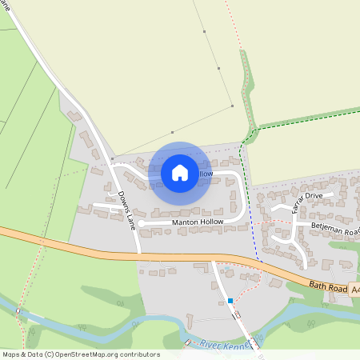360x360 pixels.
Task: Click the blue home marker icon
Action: [180, 173]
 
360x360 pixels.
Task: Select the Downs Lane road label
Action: [126, 210]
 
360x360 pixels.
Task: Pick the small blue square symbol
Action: [230, 301]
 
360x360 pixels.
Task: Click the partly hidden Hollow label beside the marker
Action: [206, 174]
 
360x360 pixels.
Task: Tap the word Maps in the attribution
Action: [12, 354]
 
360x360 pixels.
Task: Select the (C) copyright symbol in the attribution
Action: [49, 354]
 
